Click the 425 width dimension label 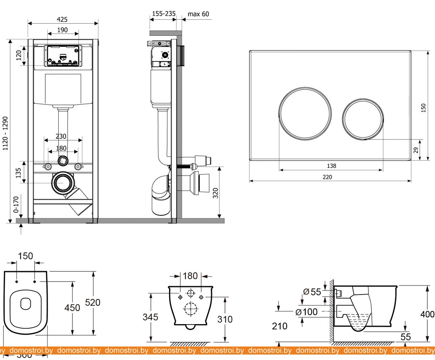(x=62, y=19)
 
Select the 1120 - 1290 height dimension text (x=5, y=134)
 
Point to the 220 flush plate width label (x=327, y=177)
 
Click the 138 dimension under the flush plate (x=331, y=166)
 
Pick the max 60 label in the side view (x=198, y=14)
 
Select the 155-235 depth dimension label (x=164, y=14)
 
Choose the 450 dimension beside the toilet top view (x=72, y=308)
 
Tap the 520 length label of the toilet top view (x=93, y=302)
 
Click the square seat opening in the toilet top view (x=26, y=303)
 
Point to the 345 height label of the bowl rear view (x=150, y=317)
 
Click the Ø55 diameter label (x=313, y=291)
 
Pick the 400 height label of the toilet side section (x=427, y=314)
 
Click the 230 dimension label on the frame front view (x=61, y=136)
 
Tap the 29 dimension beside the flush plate (x=416, y=150)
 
